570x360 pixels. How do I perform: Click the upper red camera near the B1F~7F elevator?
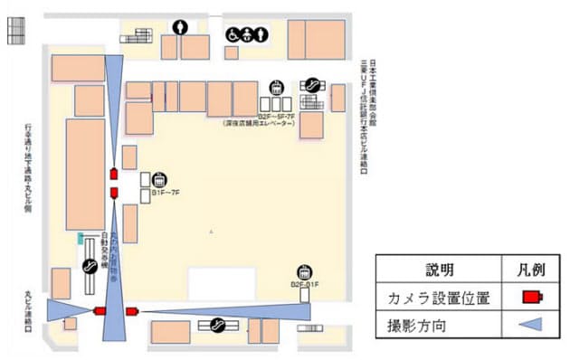114,174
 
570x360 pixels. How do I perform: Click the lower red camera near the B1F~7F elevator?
114,192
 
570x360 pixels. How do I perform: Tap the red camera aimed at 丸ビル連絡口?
100,311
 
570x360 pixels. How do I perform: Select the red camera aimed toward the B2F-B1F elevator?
132,311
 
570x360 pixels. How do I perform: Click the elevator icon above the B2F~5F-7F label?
278,88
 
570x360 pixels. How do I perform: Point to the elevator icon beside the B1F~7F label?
159,178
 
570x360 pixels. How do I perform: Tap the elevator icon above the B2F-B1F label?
305,271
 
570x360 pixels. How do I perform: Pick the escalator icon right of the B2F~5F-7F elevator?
312,83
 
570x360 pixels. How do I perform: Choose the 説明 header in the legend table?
438,269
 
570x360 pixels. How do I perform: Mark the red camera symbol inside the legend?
532,297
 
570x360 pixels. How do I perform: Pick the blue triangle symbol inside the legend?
531,324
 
